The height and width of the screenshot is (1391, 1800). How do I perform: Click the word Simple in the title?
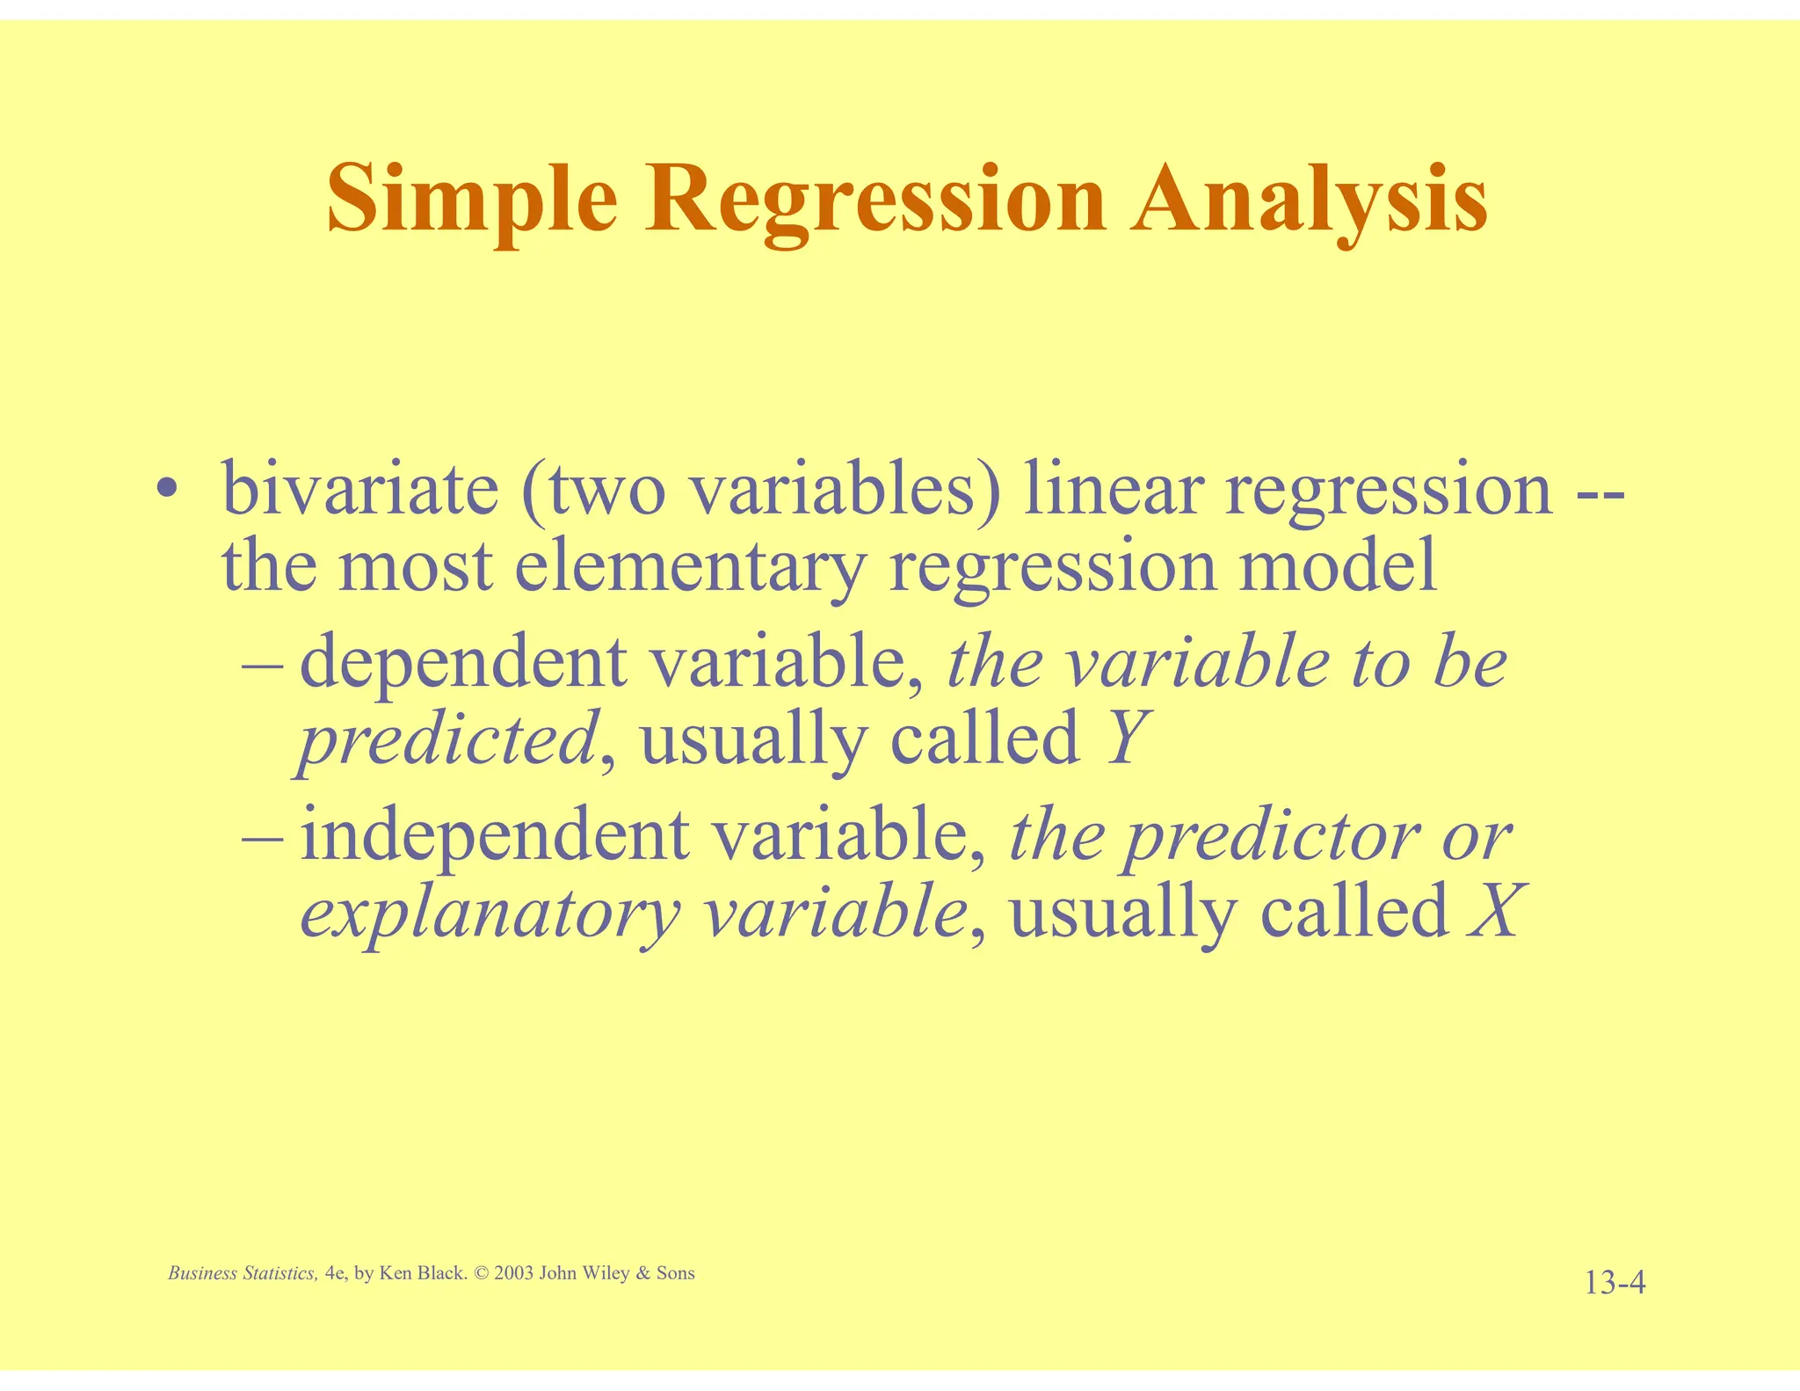[472, 200]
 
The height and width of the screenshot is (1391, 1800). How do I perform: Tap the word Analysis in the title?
[1309, 200]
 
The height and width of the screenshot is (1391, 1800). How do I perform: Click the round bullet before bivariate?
[165, 490]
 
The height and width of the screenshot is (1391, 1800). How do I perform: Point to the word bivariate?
[359, 490]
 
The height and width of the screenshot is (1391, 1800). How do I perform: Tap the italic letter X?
[1493, 912]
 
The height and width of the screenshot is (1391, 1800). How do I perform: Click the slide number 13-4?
[1615, 1284]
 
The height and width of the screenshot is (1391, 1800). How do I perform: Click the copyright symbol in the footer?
[480, 1273]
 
